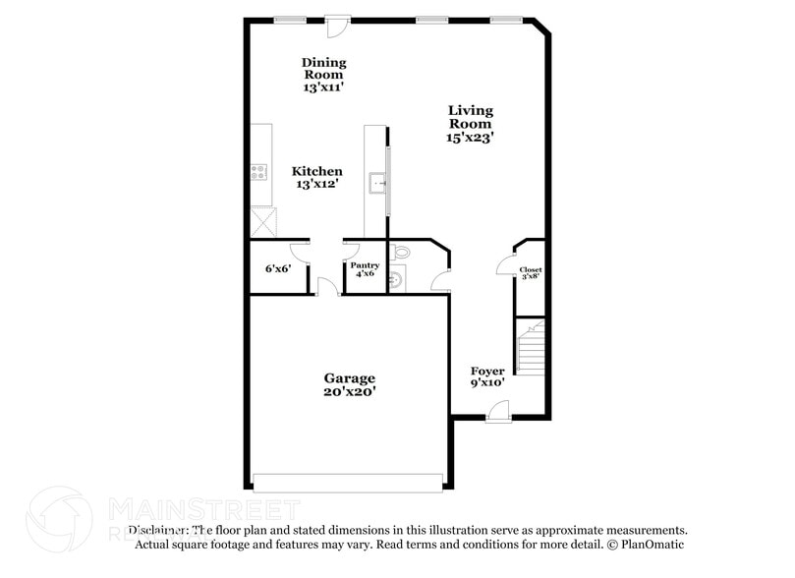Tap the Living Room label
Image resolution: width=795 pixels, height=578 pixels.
(x=471, y=117)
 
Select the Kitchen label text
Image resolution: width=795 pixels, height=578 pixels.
(x=317, y=171)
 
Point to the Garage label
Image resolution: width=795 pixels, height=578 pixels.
(x=350, y=378)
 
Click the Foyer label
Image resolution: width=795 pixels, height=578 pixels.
(x=487, y=372)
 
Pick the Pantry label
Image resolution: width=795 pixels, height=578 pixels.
(x=365, y=266)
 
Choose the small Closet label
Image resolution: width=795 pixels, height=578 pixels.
(x=531, y=269)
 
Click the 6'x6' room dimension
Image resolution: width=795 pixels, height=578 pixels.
(x=278, y=268)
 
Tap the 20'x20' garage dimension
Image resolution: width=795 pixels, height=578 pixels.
(x=350, y=391)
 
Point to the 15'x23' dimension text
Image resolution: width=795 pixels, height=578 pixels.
(x=471, y=139)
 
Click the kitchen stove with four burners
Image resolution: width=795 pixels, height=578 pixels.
(x=260, y=173)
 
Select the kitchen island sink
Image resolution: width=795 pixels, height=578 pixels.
(x=378, y=184)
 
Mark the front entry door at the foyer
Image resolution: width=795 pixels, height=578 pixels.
(x=497, y=416)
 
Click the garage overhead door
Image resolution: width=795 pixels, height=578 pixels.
(x=348, y=482)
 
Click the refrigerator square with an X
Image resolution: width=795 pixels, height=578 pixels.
(x=261, y=221)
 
